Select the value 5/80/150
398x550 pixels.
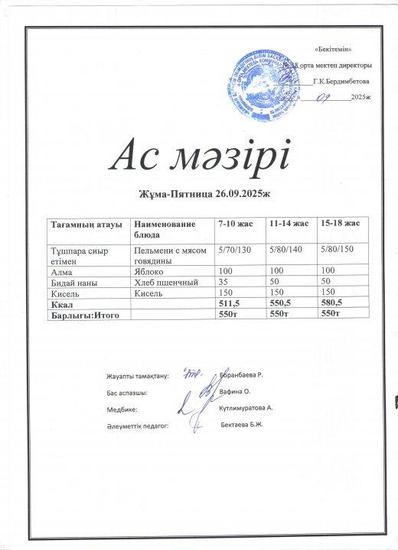tap(339, 250)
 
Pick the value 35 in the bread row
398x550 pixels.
tap(223, 282)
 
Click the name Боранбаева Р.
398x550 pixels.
tap(241, 375)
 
